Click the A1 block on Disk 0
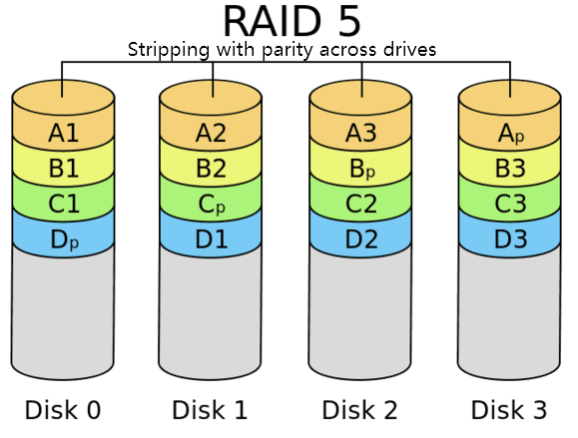[63, 133]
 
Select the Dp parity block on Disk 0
[63, 239]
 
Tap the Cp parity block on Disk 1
[212, 205]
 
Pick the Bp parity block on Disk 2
[360, 169]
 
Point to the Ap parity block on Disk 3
[510, 133]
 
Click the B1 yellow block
[63, 169]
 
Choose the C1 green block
[63, 205]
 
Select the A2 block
[212, 133]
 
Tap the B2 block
[212, 169]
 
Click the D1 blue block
[212, 239]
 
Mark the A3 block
[360, 133]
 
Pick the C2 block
[360, 205]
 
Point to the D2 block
[360, 239]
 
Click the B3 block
[510, 169]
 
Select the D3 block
[510, 239]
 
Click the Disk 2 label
[360, 409]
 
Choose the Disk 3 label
[509, 409]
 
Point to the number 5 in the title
[341, 20]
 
